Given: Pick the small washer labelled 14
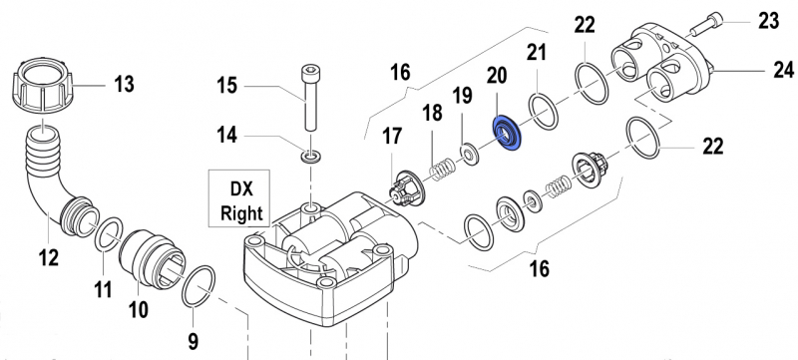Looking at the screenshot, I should pos(311,157).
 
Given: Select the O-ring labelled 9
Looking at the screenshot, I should pos(199,286).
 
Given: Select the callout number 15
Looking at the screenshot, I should pos(229,87).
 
